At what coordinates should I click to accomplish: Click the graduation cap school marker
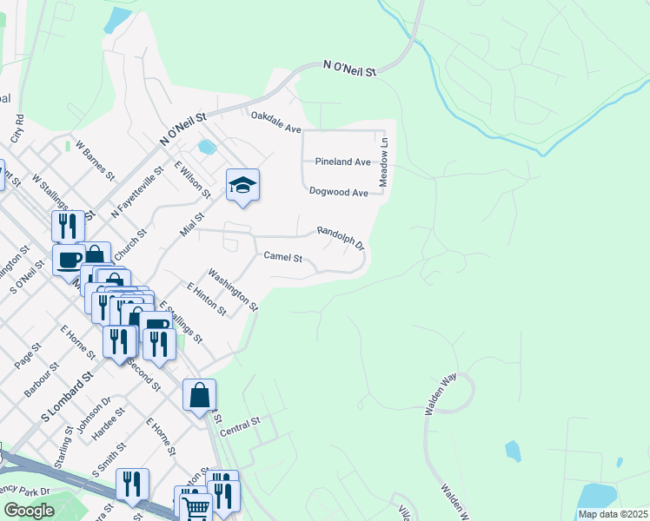(243, 185)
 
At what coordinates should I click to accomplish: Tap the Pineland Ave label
(342, 162)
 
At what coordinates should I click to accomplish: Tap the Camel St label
(283, 258)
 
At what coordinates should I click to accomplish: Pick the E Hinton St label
(206, 299)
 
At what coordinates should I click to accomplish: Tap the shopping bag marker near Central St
(199, 396)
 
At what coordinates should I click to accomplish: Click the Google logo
(29, 511)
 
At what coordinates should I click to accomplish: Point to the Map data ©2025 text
(614, 514)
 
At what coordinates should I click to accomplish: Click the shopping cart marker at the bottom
(197, 508)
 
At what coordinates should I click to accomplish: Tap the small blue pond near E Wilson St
(207, 146)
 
